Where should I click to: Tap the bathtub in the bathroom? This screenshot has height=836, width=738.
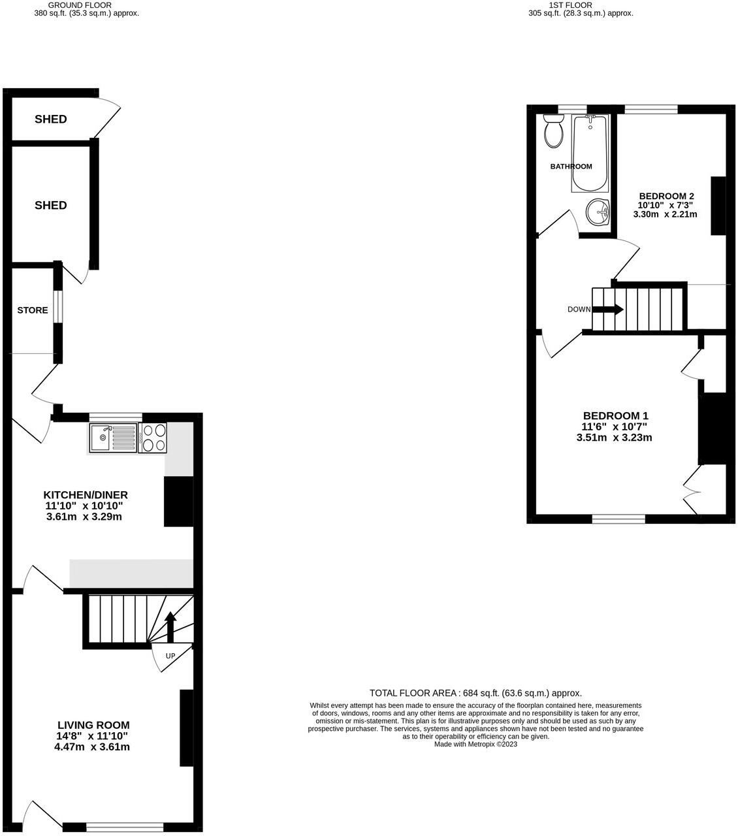(x=590, y=153)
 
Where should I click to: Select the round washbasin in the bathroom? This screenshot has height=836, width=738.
(x=597, y=212)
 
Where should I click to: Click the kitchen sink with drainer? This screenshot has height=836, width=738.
(x=113, y=438)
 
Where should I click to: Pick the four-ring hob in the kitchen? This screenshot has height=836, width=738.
(x=153, y=438)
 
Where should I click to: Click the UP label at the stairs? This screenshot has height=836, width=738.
(x=170, y=655)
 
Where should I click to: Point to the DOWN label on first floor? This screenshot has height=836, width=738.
(x=579, y=310)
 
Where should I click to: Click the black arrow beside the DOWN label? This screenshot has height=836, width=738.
(x=607, y=310)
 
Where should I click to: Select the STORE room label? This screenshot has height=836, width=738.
(x=33, y=310)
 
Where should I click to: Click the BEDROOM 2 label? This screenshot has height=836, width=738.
(x=666, y=196)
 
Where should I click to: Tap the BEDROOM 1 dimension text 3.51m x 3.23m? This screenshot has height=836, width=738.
(x=614, y=438)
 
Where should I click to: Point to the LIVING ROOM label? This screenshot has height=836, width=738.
(x=93, y=725)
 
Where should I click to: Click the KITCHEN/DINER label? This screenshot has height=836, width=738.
(x=86, y=495)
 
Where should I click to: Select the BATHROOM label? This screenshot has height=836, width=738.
(x=571, y=167)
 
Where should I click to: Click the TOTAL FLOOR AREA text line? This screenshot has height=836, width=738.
(x=475, y=693)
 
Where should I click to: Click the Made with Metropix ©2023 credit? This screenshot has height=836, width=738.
(x=475, y=744)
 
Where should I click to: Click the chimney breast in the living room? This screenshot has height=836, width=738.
(x=187, y=728)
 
